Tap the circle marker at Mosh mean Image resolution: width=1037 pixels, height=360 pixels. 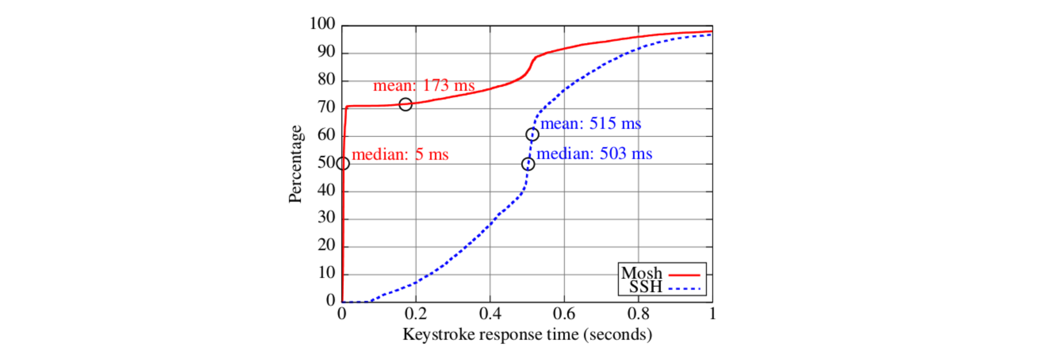tap(406, 104)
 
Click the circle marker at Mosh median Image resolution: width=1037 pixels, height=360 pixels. tap(343, 163)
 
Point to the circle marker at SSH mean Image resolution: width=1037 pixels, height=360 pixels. tap(532, 134)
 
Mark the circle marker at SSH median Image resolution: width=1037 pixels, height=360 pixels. tap(528, 164)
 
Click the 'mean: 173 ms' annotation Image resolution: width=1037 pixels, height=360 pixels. tap(424, 85)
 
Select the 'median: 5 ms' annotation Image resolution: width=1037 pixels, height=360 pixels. tap(400, 154)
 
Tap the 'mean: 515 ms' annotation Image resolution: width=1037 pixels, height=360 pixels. tap(591, 123)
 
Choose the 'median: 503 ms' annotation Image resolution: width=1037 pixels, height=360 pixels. tap(594, 153)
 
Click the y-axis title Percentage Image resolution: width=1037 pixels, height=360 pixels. tap(295, 164)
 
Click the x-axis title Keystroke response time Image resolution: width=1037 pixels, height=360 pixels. tap(527, 335)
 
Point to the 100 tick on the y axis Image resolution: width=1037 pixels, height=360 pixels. tap(322, 24)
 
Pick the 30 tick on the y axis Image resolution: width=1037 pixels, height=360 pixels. tap(326, 218)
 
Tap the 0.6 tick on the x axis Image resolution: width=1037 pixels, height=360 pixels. tap(564, 314)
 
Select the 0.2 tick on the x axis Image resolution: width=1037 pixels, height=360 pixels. tap(416, 314)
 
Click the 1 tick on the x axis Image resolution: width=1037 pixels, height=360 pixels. tap(712, 314)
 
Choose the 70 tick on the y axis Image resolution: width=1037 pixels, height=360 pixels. tap(326, 107)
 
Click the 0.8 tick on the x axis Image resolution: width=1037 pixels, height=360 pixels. tap(638, 314)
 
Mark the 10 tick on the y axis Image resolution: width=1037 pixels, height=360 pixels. tap(326, 273)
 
